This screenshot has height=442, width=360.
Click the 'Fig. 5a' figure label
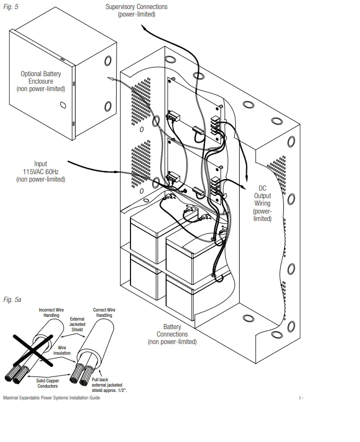(12, 300)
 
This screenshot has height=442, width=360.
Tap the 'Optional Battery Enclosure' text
(40, 81)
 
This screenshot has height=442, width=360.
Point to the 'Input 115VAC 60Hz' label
(40, 171)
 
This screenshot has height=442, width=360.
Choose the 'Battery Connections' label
(172, 334)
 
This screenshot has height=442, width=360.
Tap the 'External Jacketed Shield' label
(77, 324)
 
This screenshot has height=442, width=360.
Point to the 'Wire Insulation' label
(62, 350)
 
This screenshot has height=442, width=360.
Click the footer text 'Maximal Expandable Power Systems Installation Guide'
(51, 398)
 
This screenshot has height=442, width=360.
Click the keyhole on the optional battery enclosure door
(64, 107)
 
